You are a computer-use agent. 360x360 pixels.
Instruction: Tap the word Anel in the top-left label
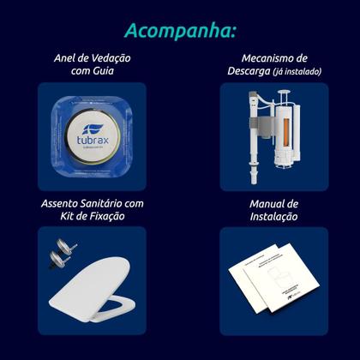(x=67, y=58)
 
